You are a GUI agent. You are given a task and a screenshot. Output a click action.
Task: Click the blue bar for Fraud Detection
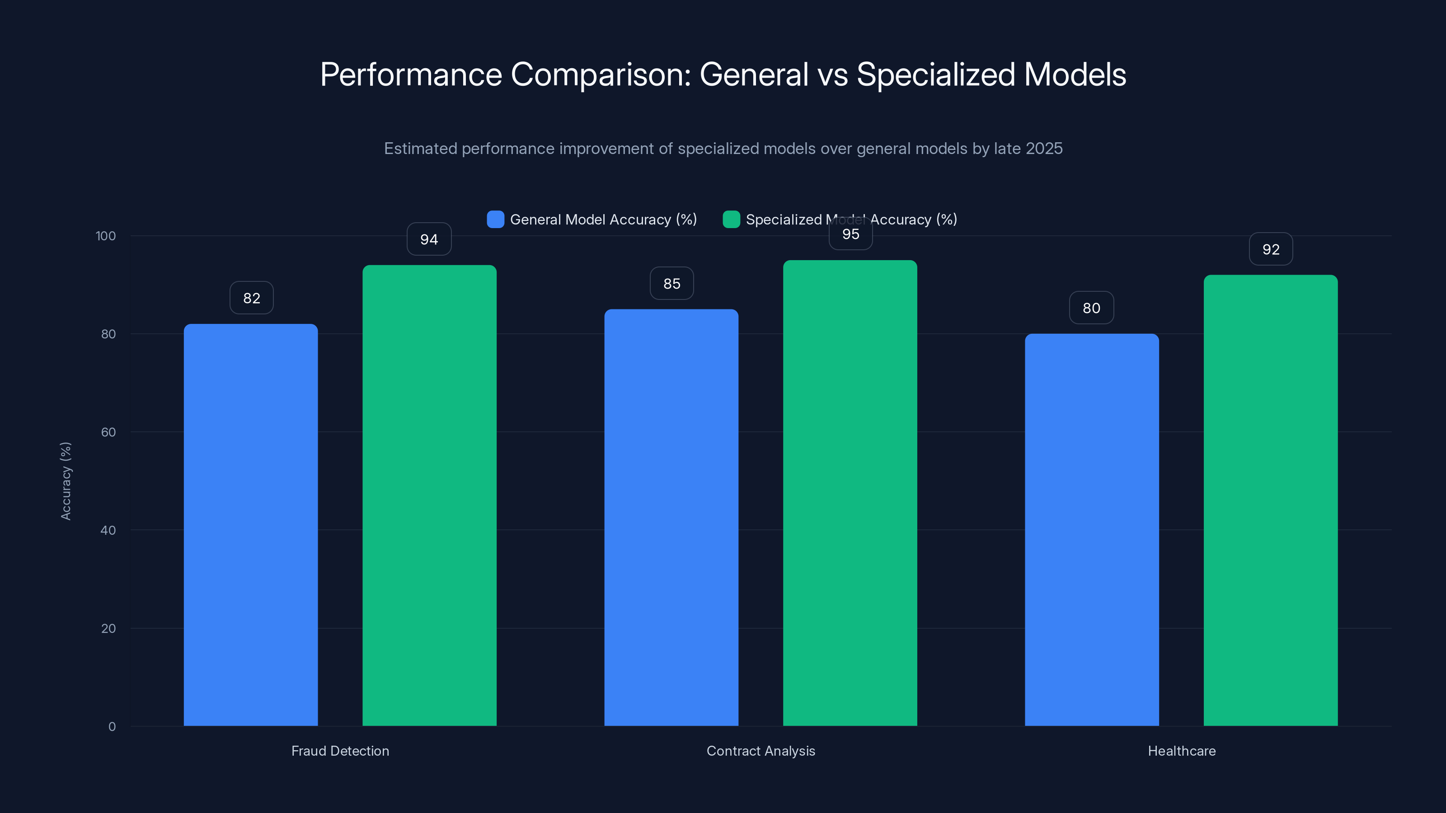250,524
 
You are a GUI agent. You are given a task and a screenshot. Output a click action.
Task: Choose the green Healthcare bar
1270,500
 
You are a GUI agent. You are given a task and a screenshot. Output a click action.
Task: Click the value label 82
252,298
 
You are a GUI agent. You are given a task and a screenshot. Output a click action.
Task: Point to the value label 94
429,239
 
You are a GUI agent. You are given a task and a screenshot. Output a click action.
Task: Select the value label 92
1270,249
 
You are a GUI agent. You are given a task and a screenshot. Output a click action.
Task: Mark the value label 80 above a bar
1091,308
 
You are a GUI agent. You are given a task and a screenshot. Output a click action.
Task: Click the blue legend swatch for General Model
495,220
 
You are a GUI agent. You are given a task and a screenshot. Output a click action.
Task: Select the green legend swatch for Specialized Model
731,220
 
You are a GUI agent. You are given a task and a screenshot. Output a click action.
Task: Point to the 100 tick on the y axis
106,236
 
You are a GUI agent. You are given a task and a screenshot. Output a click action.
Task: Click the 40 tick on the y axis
108,530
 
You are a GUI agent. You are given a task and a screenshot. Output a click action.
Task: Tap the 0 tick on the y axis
112,727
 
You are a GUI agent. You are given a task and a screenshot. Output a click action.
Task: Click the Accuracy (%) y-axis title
66,481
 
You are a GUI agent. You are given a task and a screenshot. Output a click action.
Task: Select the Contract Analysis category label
760,751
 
